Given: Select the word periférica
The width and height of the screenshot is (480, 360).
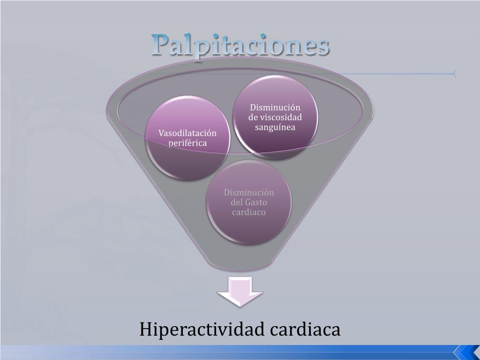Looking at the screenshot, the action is (187, 143).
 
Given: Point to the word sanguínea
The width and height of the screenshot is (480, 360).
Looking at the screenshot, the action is (275, 127).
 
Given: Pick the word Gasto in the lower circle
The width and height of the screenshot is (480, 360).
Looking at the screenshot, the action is (255, 202).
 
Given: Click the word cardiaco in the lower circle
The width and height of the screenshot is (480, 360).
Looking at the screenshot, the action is (249, 212).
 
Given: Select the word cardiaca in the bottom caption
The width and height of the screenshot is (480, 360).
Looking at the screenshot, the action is (305, 330).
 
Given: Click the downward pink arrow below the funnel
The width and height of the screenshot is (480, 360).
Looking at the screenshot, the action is (240, 291).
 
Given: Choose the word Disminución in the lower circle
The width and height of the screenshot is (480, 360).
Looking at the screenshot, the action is (249, 193).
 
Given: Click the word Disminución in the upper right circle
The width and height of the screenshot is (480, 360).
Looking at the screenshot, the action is (275, 107).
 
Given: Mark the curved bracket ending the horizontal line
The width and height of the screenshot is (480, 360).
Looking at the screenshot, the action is (454, 74).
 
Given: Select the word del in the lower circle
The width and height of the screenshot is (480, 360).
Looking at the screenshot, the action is (237, 202).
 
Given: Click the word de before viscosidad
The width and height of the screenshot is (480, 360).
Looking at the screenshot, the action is (253, 117).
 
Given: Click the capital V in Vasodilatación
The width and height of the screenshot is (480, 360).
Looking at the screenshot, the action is (161, 133).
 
